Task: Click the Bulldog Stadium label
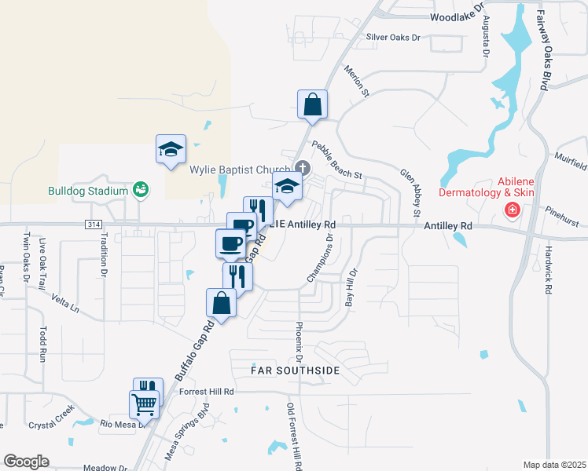(x=87, y=191)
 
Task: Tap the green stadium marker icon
(x=141, y=189)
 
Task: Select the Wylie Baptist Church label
(x=240, y=168)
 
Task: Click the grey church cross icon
(x=303, y=166)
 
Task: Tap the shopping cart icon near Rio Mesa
(x=145, y=405)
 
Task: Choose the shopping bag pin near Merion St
(x=312, y=104)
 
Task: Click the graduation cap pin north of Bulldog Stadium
(x=170, y=149)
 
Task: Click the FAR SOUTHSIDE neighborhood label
(x=296, y=370)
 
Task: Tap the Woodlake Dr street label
(x=456, y=16)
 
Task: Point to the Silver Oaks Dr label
(x=394, y=37)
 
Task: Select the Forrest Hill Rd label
(x=207, y=392)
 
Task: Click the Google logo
(x=26, y=462)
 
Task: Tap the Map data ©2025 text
(x=554, y=465)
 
